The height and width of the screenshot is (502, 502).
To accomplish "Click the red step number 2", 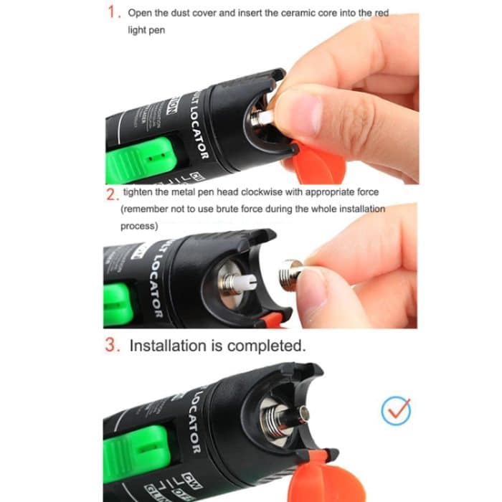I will click(111, 194).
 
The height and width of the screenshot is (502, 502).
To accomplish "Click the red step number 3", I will click(112, 345).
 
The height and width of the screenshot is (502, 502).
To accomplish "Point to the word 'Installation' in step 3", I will click(167, 346).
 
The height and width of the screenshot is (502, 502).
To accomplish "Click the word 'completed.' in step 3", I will click(267, 346).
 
